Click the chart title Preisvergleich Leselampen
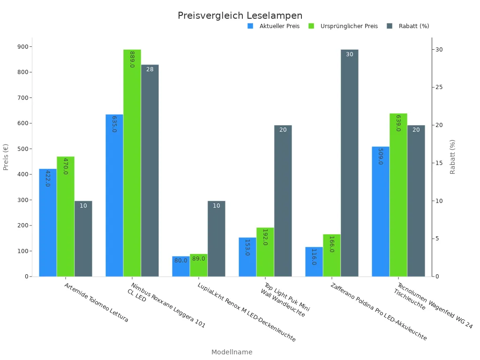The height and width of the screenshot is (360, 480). [240, 16]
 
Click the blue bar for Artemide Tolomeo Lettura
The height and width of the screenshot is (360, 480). [48, 223]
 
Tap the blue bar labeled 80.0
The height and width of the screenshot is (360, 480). [180, 266]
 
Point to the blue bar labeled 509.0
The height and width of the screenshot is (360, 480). [381, 211]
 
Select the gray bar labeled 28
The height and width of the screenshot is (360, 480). [150, 171]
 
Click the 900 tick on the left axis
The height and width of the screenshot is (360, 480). [22, 47]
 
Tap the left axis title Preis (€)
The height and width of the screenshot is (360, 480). [6, 157]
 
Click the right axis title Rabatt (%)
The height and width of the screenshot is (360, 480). [452, 157]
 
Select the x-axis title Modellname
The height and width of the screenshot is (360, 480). [232, 352]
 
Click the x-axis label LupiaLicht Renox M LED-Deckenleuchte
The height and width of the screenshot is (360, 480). [247, 312]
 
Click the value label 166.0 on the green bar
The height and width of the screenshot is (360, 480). [331, 244]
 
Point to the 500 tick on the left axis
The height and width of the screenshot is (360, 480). [22, 149]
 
